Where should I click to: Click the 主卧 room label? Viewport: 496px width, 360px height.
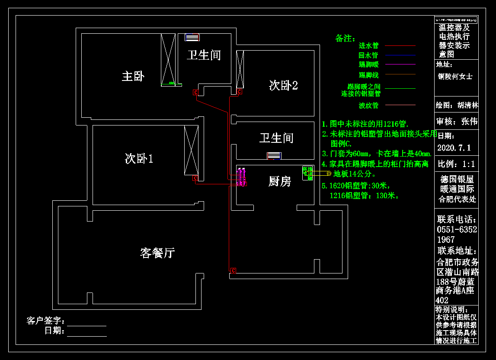[133, 77]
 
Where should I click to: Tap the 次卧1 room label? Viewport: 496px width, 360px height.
[139, 158]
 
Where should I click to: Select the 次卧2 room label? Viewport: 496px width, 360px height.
[283, 85]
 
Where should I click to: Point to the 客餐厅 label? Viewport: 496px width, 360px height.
[157, 253]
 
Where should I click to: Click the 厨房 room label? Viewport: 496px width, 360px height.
[279, 182]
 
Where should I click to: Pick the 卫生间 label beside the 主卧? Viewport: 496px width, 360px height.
[204, 55]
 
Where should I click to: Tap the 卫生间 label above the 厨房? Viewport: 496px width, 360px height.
[276, 138]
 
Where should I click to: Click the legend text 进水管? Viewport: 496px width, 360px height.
[368, 45]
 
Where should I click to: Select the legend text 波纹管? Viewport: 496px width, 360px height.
[368, 105]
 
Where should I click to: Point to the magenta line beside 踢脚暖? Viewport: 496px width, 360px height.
[400, 64]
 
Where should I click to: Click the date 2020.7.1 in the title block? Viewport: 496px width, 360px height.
[454, 148]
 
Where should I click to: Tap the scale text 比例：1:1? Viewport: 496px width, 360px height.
[456, 164]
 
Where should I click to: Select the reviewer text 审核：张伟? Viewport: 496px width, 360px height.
[457, 121]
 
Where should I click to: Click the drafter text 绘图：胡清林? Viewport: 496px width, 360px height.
[457, 105]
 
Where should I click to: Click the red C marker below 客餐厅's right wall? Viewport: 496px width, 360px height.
[233, 271]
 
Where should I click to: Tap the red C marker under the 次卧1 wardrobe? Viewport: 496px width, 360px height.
[195, 178]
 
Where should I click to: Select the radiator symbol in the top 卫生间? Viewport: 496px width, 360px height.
[192, 38]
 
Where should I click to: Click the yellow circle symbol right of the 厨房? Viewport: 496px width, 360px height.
[329, 174]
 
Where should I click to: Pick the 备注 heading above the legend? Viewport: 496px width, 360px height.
[345, 38]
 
